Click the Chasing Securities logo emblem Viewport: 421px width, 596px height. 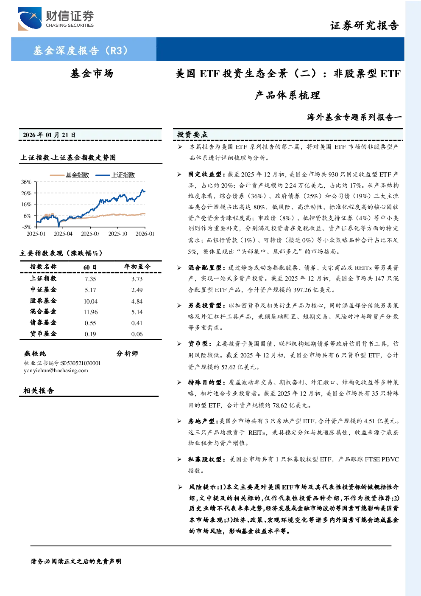(30, 19)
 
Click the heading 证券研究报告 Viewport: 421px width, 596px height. (364, 26)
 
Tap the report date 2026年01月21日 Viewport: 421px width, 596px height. (49, 135)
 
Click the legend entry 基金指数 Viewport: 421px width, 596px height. (70, 175)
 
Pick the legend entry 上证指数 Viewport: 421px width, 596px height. (115, 175)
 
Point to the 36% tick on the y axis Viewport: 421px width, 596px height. (26, 182)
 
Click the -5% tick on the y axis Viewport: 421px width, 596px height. (27, 227)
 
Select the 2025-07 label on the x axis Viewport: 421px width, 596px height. (90, 233)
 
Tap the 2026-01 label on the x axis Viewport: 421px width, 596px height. (145, 233)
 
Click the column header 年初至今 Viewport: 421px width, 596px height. (137, 267)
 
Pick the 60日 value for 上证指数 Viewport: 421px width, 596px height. (90, 279)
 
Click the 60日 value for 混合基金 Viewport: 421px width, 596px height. (91, 312)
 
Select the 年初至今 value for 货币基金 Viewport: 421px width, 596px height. (137, 334)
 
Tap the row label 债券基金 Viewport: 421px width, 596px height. (43, 323)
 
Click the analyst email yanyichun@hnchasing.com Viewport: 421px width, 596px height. (56, 370)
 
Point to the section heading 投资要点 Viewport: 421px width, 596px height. (192, 135)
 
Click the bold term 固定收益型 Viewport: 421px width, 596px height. (205, 174)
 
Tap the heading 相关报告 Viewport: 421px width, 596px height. (39, 391)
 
